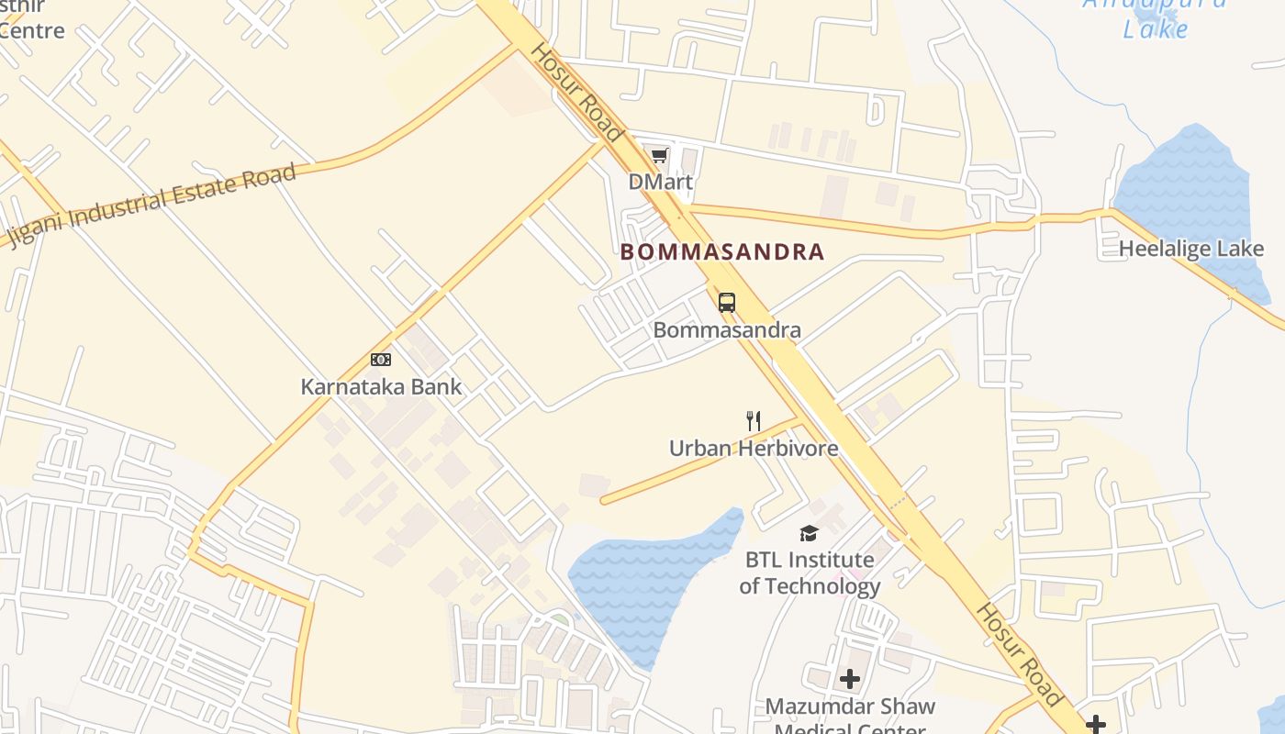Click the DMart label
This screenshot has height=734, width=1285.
[660, 182]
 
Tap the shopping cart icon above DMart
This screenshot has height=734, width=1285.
[659, 155]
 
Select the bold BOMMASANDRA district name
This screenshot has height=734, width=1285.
[722, 252]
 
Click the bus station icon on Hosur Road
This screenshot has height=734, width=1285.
[727, 302]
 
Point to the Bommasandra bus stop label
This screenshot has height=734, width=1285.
[727, 329]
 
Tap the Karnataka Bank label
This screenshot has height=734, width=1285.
[381, 386]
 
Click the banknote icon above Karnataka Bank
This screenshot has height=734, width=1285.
[381, 360]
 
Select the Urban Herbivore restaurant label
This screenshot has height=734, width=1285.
[753, 449]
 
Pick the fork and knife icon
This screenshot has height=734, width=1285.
[753, 421]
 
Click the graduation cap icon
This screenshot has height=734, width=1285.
[809, 533]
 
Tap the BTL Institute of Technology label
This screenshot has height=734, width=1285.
[810, 573]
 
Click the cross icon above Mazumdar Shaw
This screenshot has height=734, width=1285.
[850, 679]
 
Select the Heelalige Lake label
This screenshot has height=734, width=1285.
[1190, 249]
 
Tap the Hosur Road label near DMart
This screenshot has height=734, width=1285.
[577, 92]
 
